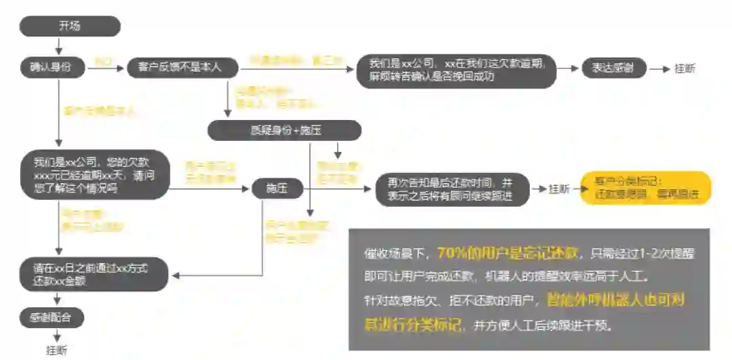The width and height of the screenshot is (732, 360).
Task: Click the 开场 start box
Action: pos(70,26)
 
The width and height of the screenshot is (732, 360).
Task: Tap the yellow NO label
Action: pos(102,62)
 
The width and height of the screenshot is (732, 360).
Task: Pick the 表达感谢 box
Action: pos(614,68)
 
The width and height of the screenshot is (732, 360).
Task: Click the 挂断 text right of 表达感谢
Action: pos(685,68)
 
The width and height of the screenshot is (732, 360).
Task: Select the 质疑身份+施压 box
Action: pos(284,130)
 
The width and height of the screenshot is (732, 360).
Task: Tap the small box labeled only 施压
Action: pos(277,189)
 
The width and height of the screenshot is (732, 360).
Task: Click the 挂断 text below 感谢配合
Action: pos(57,351)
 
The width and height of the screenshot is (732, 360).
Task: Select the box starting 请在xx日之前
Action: pos(94,275)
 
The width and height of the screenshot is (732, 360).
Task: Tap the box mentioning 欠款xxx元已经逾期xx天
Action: pos(94,174)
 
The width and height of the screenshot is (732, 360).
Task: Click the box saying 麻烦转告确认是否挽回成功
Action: pos(456,70)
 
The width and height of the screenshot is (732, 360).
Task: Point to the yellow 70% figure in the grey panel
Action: pos(450,254)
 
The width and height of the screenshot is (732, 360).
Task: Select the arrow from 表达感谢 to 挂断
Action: pos(658,68)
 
